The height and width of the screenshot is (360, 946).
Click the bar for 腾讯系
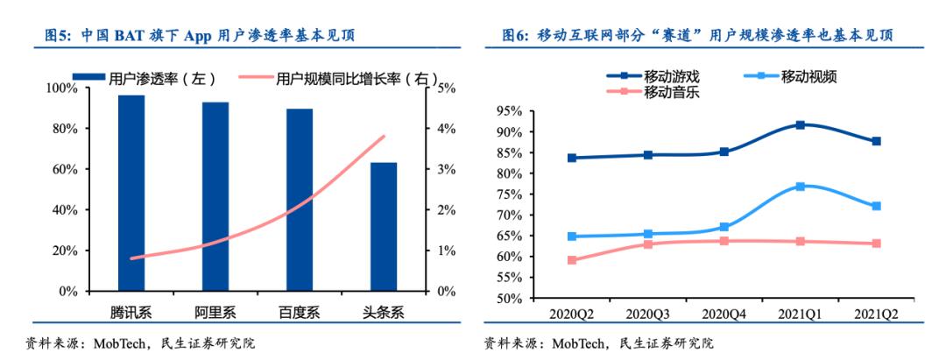point(131,193)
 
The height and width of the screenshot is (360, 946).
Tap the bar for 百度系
point(300,200)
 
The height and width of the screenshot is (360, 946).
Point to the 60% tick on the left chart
point(66,169)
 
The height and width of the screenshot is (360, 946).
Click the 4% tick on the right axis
point(444,129)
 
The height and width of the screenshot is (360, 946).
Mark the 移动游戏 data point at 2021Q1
point(801,125)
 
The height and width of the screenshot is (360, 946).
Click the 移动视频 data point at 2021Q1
point(801,187)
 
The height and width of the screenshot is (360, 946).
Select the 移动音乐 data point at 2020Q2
point(572,260)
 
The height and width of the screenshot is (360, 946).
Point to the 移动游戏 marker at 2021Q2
point(876,141)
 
